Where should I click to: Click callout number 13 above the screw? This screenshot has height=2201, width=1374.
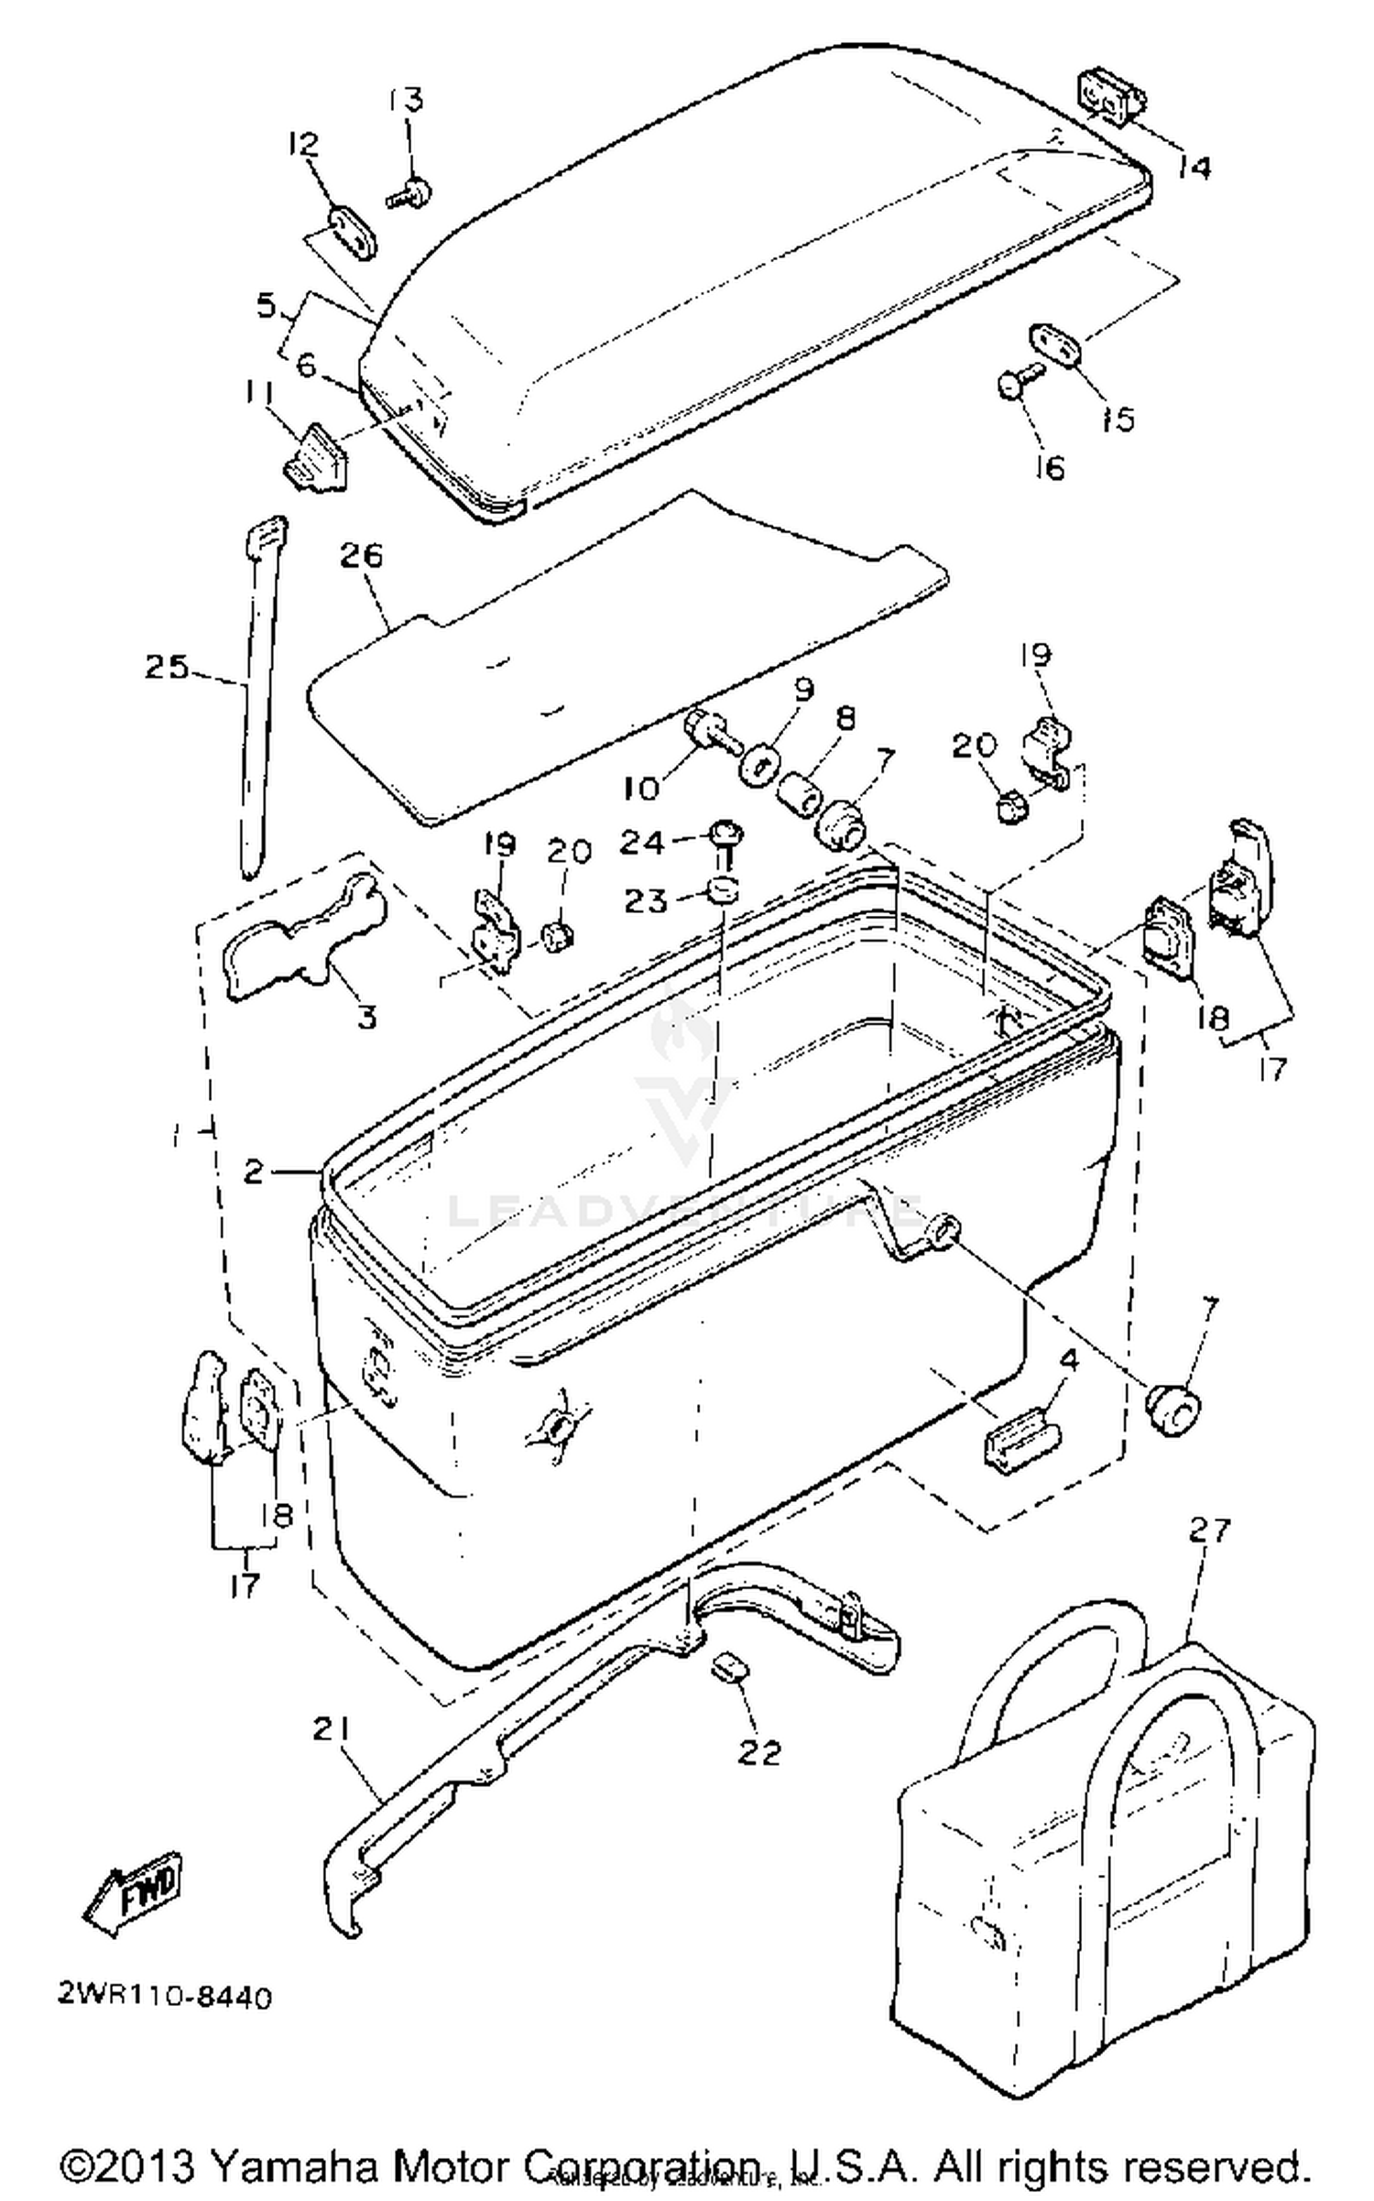407,98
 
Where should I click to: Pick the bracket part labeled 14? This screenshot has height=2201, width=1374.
1106,96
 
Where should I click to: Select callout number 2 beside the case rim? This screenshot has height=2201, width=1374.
255,1171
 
